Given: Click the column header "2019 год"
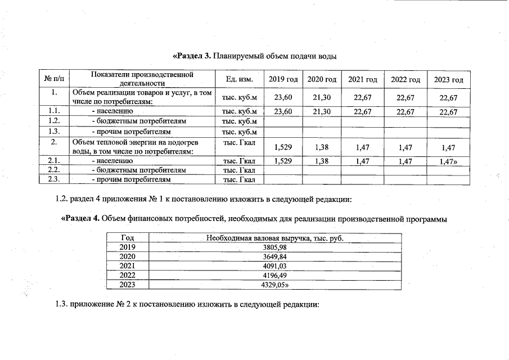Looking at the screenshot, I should (283, 79).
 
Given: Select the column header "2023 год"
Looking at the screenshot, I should (448, 79).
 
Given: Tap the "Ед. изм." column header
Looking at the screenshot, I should (239, 79).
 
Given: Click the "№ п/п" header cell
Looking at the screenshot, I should (53, 79).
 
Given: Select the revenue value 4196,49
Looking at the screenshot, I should (274, 275).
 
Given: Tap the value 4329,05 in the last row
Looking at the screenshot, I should (274, 285).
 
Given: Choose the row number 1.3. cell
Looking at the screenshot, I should (53, 131).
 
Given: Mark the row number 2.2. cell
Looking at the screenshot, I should (53, 169).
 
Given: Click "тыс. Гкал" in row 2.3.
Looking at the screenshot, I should (240, 179).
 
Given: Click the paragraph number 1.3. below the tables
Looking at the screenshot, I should (61, 304).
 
